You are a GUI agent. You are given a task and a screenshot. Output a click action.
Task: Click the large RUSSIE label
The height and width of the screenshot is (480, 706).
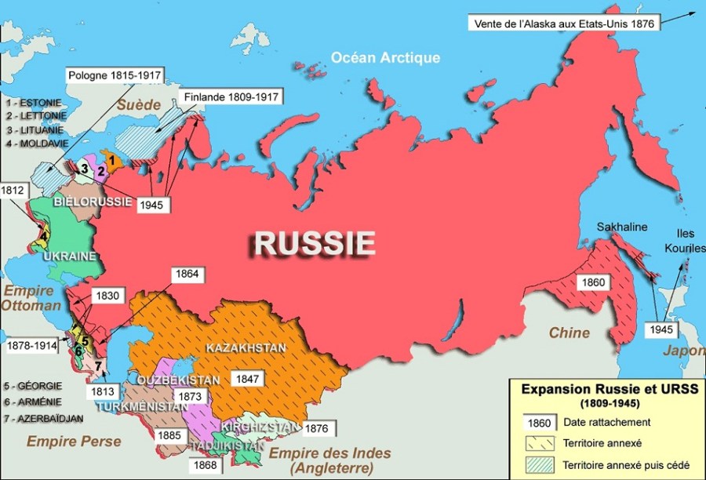pos(314,243)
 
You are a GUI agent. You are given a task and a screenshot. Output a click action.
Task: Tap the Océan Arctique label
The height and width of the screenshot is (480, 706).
pos(385,57)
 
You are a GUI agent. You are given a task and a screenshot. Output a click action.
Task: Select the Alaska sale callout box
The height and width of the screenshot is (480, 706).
pos(564,24)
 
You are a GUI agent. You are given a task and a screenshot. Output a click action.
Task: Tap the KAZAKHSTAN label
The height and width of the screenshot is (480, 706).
pos(245,347)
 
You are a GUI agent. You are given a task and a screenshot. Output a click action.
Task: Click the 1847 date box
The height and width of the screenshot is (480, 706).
pos(249,378)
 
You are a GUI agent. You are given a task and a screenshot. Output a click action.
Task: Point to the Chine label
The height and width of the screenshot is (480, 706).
pos(569,333)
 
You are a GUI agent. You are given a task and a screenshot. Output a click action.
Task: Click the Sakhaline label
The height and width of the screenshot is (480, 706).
pos(621,227)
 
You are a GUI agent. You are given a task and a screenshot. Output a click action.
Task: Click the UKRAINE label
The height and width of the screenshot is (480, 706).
pos(70,256)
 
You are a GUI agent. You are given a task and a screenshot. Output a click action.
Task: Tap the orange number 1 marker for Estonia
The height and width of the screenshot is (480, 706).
pos(112,160)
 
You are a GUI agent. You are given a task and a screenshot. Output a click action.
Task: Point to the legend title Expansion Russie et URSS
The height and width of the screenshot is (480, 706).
pos(602,388)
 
